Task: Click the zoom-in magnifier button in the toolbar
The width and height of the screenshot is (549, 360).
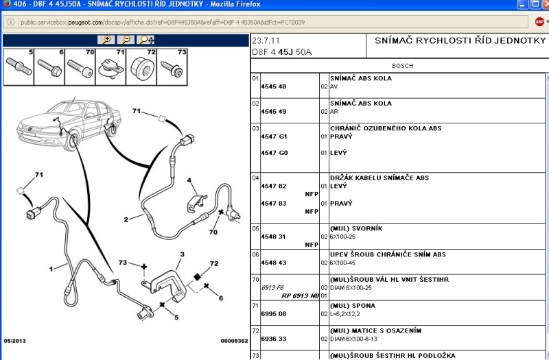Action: pyautogui.click(x=106, y=40)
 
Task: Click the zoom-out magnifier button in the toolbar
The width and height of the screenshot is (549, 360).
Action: pyautogui.click(x=126, y=40)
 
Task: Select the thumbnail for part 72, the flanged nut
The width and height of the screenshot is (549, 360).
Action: pyautogui.click(x=141, y=67)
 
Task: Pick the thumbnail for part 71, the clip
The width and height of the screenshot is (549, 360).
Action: pyautogui.click(x=110, y=67)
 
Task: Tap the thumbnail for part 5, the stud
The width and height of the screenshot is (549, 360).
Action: pyautogui.click(x=19, y=67)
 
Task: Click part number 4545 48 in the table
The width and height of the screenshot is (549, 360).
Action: pyautogui.click(x=273, y=86)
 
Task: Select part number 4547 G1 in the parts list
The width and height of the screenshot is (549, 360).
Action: pyautogui.click(x=274, y=136)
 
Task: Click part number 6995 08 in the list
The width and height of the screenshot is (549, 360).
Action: pyautogui.click(x=273, y=314)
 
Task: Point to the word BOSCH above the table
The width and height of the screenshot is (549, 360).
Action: pyautogui.click(x=403, y=66)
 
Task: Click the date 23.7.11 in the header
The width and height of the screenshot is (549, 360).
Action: pyautogui.click(x=266, y=40)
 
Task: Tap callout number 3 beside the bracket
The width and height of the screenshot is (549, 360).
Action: pyautogui.click(x=182, y=254)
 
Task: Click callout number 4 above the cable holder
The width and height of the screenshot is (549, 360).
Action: pyautogui.click(x=189, y=180)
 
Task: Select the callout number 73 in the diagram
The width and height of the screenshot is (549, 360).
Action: pyautogui.click(x=123, y=262)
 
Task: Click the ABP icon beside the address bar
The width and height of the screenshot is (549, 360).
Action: pyautogui.click(x=539, y=22)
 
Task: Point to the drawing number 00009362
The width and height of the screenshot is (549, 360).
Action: pyautogui.click(x=234, y=341)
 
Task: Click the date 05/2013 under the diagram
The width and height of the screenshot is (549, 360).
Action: pyautogui.click(x=14, y=341)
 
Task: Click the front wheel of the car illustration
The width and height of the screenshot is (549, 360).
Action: pyautogui.click(x=72, y=141)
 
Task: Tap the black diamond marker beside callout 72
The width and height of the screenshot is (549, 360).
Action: pyautogui.click(x=198, y=277)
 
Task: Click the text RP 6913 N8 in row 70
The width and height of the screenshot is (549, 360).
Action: pyautogui.click(x=301, y=296)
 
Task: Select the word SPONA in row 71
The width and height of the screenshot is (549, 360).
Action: pyautogui.click(x=364, y=306)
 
